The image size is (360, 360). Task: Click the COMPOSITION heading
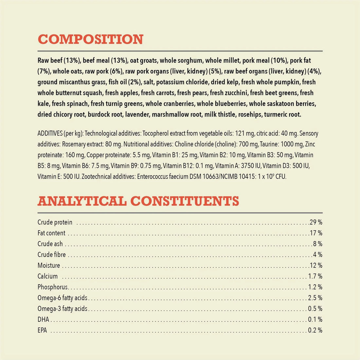point(91,40)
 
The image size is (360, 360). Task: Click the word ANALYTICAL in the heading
point(82,201)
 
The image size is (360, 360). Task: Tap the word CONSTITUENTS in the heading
point(185,201)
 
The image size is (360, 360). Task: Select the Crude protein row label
point(55,223)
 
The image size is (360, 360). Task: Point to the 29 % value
point(316,223)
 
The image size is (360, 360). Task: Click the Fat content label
point(51,233)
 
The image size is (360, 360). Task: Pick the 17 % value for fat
point(316,233)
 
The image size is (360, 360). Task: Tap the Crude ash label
point(50,244)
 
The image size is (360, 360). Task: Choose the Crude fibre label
point(52,255)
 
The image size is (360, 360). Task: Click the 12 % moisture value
point(316,265)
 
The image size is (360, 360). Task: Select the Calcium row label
point(47,277)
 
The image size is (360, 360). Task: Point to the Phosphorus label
point(53,287)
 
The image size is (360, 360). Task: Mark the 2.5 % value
point(315,298)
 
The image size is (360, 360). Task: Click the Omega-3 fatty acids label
point(63,309)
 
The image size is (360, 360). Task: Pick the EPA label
point(42,330)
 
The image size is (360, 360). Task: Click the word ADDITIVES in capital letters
point(50,134)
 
